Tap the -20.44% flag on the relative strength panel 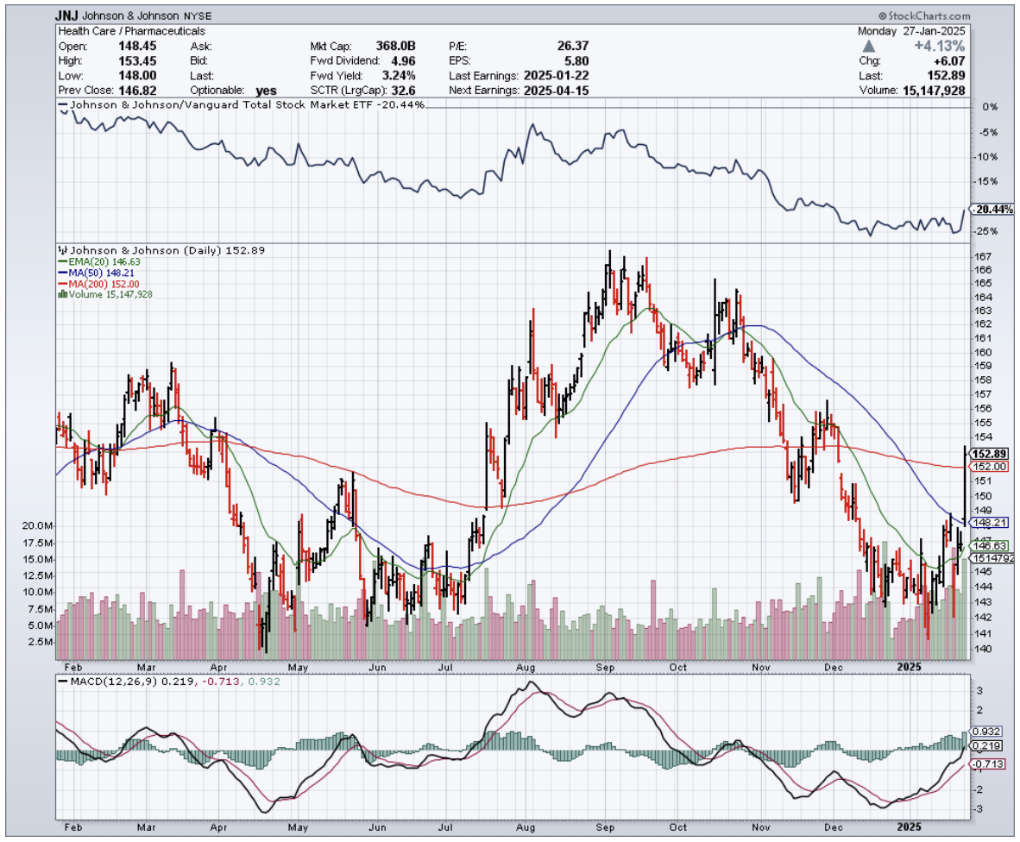click(990, 210)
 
